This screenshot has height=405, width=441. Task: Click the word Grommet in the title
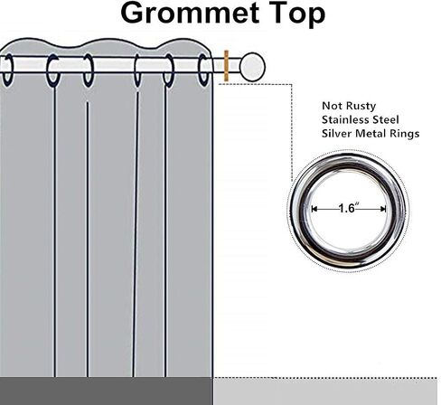[x=190, y=13]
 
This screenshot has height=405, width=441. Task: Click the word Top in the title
[x=297, y=14]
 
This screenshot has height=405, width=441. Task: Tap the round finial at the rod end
[x=252, y=67]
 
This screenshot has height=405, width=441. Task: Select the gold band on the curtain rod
[x=226, y=66]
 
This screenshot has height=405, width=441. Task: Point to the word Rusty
[x=361, y=107]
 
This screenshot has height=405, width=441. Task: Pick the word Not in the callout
[x=333, y=106]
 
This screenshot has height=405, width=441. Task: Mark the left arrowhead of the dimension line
[x=314, y=209]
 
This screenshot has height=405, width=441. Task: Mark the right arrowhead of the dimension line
[x=383, y=209]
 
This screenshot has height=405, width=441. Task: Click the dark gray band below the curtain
[x=106, y=391]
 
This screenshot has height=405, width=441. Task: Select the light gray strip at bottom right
[x=325, y=391]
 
